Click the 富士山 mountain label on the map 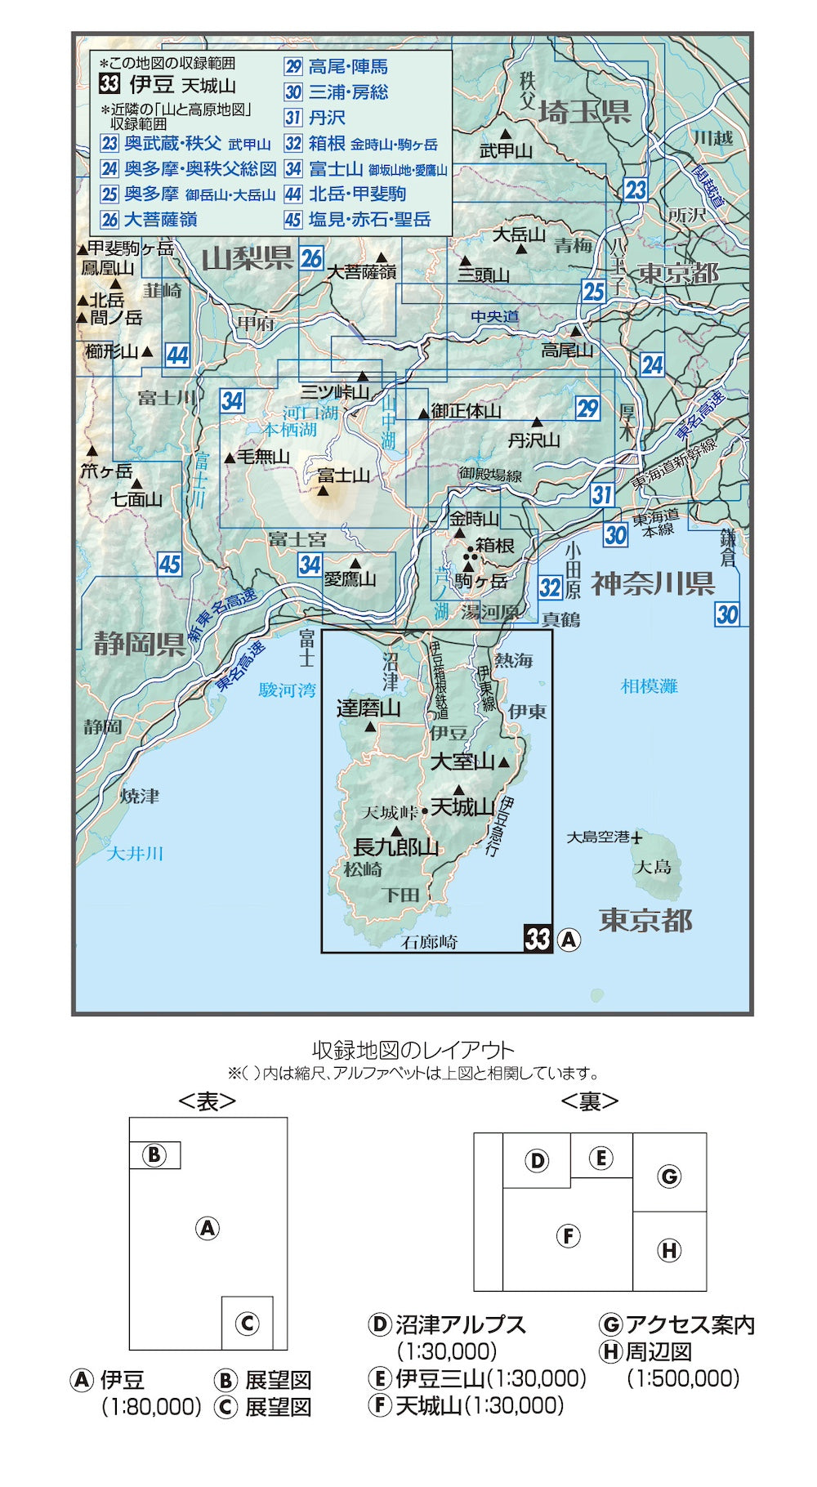click(x=343, y=475)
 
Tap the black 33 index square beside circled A click(x=538, y=938)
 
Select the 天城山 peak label click(x=462, y=807)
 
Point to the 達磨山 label click(x=368, y=708)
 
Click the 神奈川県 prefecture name click(x=653, y=583)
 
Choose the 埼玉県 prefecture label click(x=585, y=112)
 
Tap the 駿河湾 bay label click(x=287, y=690)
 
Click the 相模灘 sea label click(x=650, y=686)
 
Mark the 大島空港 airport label click(x=599, y=837)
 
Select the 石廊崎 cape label click(x=429, y=942)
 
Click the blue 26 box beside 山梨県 click(x=311, y=258)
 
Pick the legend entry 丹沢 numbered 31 click(x=327, y=118)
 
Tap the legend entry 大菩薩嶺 click(x=160, y=219)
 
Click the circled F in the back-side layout click(x=568, y=1235)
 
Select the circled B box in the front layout click(x=154, y=1154)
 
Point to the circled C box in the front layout click(x=248, y=1323)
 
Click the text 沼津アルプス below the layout click(x=460, y=1324)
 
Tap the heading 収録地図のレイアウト click(x=413, y=1050)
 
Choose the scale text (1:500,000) click(x=683, y=1378)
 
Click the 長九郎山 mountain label click(x=395, y=847)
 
